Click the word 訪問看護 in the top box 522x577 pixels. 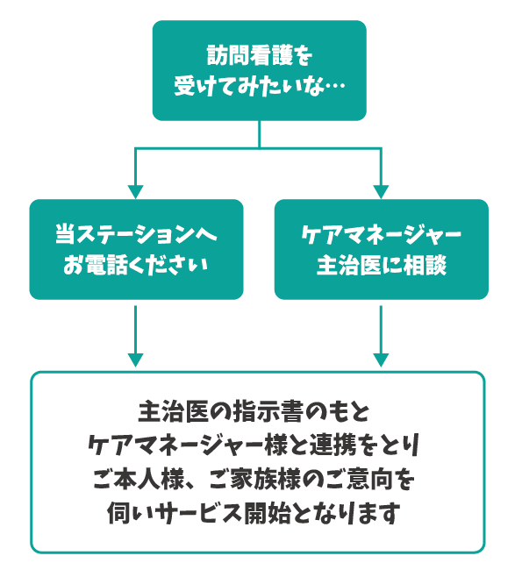pos(249,55)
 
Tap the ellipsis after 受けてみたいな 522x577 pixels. pos(335,85)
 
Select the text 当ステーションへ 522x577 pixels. pos(136,233)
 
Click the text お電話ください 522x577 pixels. pos(136,265)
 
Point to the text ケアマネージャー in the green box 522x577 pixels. pos(381,233)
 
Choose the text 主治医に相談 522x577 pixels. pos(382,265)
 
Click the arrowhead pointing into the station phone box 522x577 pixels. pos(135,192)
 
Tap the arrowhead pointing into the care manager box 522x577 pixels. pos(381,192)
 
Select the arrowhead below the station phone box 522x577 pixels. pos(135,360)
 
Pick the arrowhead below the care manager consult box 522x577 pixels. pos(381,360)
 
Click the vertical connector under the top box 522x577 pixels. pos(260,134)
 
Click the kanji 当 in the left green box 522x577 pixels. pos(66,233)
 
